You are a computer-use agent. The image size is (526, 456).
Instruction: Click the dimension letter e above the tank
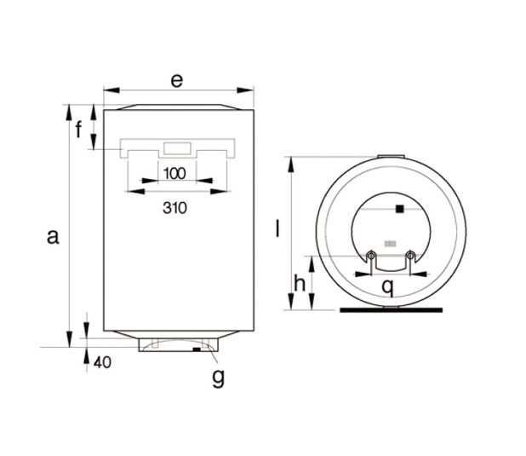click(x=177, y=81)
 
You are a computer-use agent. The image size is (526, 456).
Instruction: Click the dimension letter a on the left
click(x=53, y=237)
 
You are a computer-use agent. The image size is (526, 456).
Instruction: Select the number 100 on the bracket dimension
click(x=174, y=174)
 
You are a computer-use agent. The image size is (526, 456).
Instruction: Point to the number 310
click(x=174, y=208)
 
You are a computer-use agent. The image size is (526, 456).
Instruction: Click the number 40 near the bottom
click(x=102, y=362)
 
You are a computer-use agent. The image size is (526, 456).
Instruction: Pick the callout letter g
click(x=219, y=378)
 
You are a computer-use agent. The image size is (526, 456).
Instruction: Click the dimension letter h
click(x=300, y=283)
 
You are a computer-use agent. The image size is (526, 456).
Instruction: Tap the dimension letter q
click(x=387, y=287)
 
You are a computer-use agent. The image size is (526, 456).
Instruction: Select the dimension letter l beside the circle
click(x=277, y=228)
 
